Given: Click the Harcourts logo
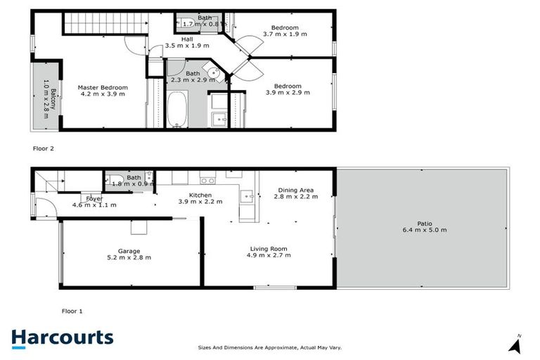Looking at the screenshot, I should click(x=62, y=337).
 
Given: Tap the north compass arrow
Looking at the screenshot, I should click(x=516, y=345).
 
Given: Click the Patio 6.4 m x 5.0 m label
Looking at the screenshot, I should click(x=424, y=227).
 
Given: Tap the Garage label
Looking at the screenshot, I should click(x=129, y=254).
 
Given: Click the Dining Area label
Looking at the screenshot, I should click(x=295, y=193).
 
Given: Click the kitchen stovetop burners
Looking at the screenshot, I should click(x=207, y=180).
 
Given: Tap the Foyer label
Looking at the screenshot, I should click(x=94, y=202).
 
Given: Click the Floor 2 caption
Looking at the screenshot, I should click(x=44, y=148).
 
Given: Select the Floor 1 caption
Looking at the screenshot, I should click(x=72, y=310).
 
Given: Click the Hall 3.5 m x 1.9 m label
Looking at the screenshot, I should click(x=187, y=42).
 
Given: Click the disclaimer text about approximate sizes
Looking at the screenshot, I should click(x=270, y=347).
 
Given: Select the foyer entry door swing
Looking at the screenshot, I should click(x=44, y=209).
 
